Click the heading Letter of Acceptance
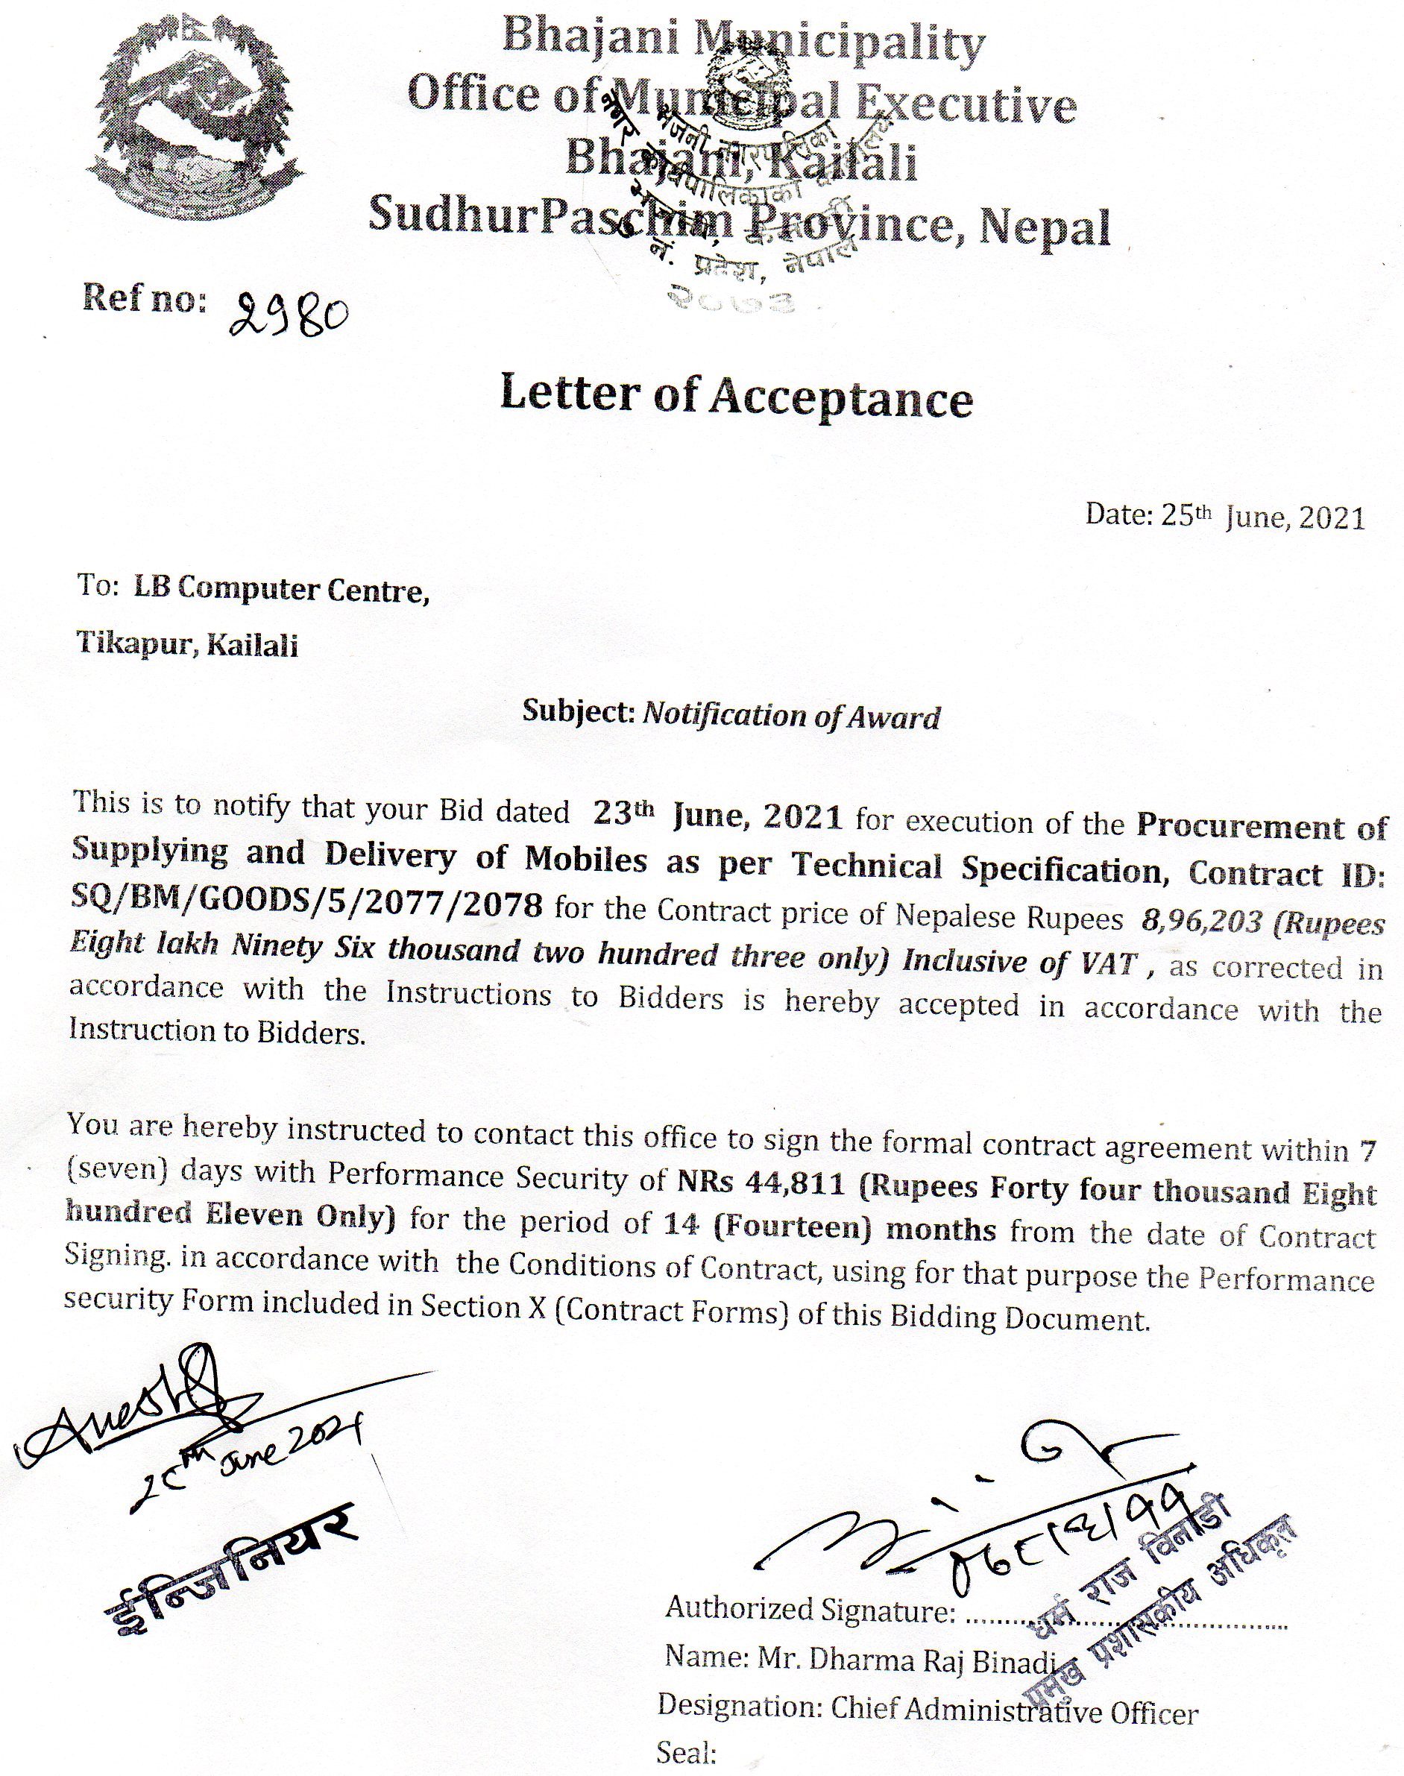[x=737, y=397]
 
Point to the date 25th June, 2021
[x=1262, y=516]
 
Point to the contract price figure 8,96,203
[x=1200, y=921]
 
